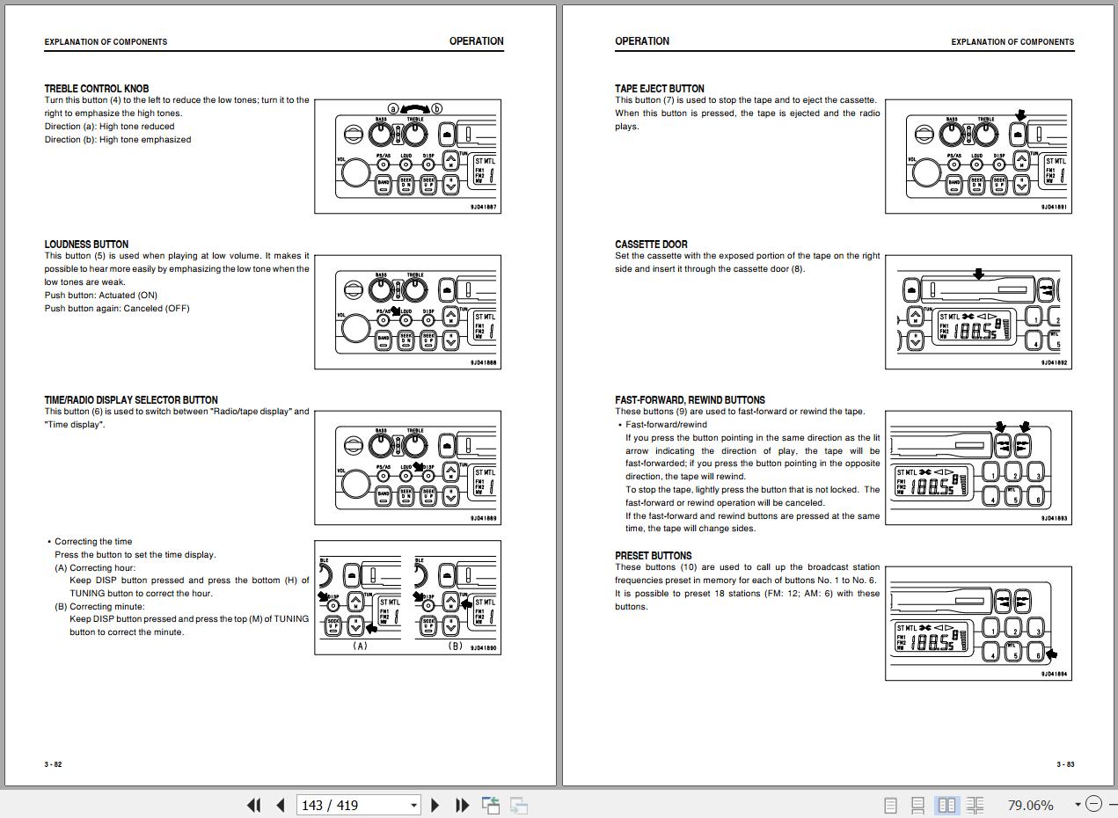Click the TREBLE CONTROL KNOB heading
pyautogui.click(x=97, y=88)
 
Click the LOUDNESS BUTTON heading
pyautogui.click(x=86, y=245)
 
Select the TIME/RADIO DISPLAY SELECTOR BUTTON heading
pyautogui.click(x=131, y=400)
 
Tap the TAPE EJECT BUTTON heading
pyautogui.click(x=660, y=88)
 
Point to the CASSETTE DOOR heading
pyautogui.click(x=651, y=245)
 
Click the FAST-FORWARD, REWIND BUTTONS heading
pyautogui.click(x=690, y=400)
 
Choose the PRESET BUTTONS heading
pyautogui.click(x=654, y=556)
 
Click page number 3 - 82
pyautogui.click(x=54, y=764)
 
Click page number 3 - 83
pyautogui.click(x=1065, y=764)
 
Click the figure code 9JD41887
pyautogui.click(x=483, y=208)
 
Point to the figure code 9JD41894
pyautogui.click(x=1054, y=675)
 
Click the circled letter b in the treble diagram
pyautogui.click(x=436, y=109)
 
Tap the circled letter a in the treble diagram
pyautogui.click(x=394, y=109)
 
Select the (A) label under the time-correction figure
pyautogui.click(x=360, y=646)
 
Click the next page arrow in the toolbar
pyautogui.click(x=435, y=805)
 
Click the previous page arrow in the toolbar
pyautogui.click(x=281, y=805)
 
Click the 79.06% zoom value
pyautogui.click(x=1030, y=805)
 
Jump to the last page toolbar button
pyautogui.click(x=462, y=805)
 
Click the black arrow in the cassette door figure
pyautogui.click(x=978, y=274)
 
